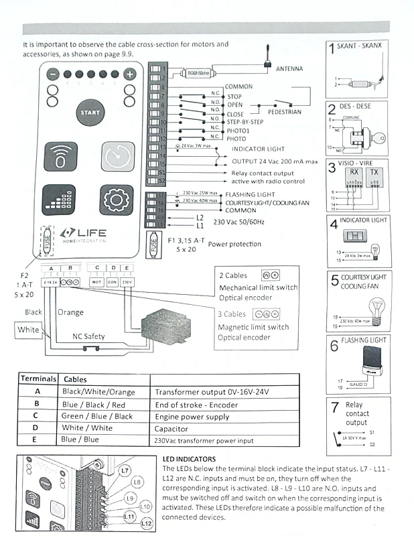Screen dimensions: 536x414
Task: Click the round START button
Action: (x=90, y=113)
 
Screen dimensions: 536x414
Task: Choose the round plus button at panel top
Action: (x=130, y=75)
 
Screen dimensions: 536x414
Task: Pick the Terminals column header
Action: (x=38, y=379)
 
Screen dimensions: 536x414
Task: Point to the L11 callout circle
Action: (x=129, y=515)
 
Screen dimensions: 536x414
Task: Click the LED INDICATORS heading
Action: (x=193, y=458)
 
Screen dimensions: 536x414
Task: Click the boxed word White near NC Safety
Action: (x=28, y=329)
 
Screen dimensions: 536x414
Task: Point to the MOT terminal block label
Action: (x=96, y=282)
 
